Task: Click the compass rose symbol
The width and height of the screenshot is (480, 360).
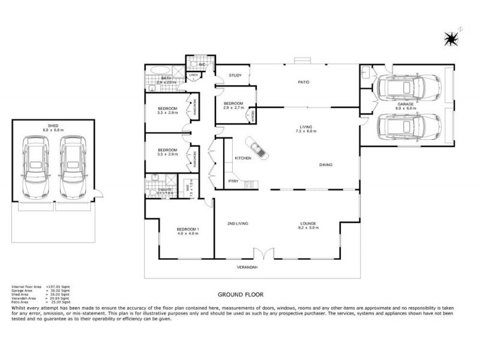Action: tap(451, 38)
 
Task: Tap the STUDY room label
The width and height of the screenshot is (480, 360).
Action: tap(235, 76)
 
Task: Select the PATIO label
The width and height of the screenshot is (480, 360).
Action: tap(304, 82)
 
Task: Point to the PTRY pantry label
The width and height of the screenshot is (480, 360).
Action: tap(233, 181)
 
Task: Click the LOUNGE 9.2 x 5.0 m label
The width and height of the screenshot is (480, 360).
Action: tap(308, 226)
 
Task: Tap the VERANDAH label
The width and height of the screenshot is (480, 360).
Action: tap(247, 267)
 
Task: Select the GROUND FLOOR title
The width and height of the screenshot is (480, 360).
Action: tap(240, 295)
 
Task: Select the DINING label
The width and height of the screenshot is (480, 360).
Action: tap(325, 165)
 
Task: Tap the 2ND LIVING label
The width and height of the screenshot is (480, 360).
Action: tap(238, 224)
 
